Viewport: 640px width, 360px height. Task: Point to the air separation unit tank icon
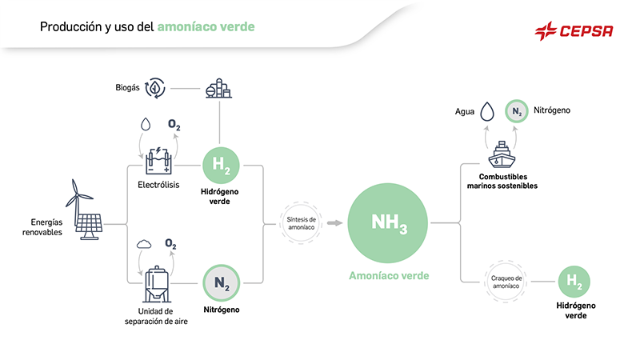(155, 282)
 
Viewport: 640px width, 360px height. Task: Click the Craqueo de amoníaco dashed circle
(506, 281)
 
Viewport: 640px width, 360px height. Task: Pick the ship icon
(502, 152)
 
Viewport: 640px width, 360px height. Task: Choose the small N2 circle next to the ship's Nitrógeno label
(517, 111)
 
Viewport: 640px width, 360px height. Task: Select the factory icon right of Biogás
(218, 87)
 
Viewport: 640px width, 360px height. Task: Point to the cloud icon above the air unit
(144, 243)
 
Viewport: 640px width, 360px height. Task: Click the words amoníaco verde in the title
(206, 26)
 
